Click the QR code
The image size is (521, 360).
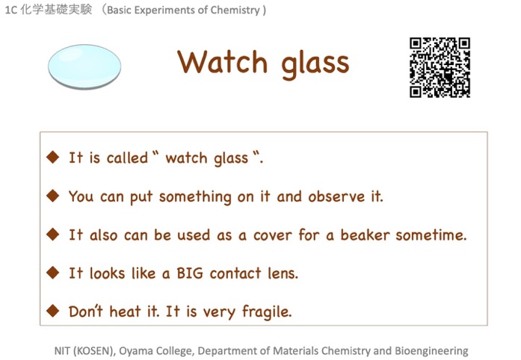[440, 67]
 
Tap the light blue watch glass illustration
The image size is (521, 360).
[84, 66]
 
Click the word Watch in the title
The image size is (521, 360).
[222, 62]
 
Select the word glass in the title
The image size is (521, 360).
[315, 65]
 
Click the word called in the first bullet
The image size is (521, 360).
[127, 158]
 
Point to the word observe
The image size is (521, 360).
[336, 196]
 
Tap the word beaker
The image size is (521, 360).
[365, 235]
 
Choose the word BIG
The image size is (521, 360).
[190, 273]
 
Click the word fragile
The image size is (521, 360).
[267, 312]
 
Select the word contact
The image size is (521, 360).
[235, 273]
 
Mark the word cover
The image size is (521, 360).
[273, 235]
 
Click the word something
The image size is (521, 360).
[195, 197]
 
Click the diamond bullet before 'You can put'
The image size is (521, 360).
[53, 196]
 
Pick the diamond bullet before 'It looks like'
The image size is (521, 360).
[53, 273]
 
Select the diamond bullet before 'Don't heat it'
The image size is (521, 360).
[53, 311]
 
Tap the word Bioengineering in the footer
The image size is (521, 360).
[431, 351]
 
